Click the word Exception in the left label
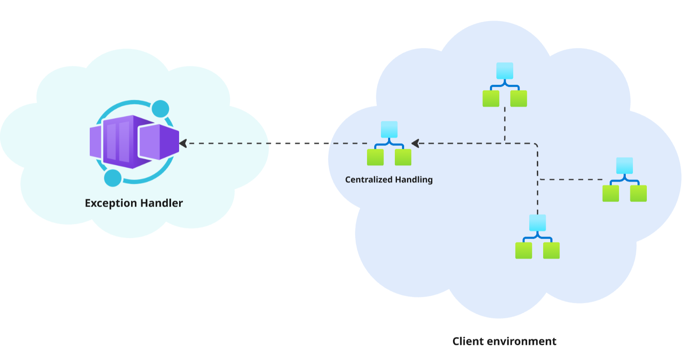[x=111, y=203]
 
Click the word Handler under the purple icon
[x=161, y=203]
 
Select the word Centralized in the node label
[x=369, y=180]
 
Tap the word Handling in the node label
[x=413, y=180]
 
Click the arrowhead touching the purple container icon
[x=183, y=143]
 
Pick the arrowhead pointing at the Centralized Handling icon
[x=415, y=143]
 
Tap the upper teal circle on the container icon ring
[x=160, y=109]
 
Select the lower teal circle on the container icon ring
[x=113, y=178]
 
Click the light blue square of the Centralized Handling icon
[x=389, y=129]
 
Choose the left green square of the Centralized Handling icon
[x=375, y=157]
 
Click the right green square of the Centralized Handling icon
[x=403, y=157]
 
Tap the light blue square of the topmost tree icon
[x=504, y=71]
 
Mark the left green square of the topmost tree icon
[x=490, y=99]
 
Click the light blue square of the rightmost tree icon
[x=624, y=166]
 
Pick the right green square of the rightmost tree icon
[x=638, y=193]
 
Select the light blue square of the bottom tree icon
[x=537, y=223]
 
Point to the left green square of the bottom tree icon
[x=523, y=250]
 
